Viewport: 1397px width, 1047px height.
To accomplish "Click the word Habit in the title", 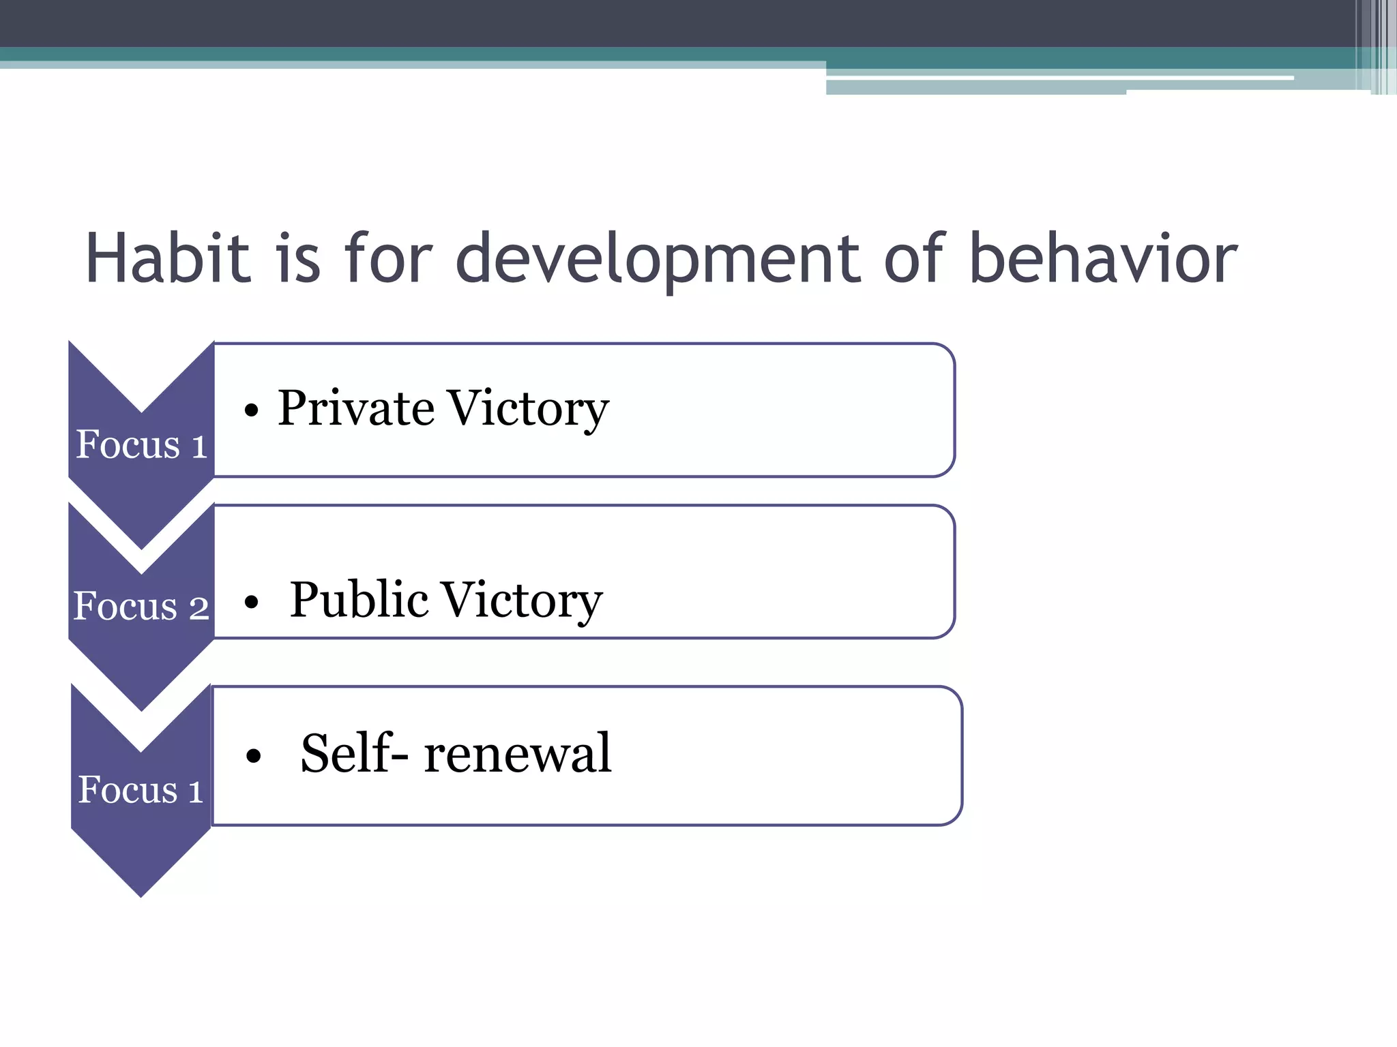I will [x=168, y=259].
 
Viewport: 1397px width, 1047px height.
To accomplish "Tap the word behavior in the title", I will [x=1102, y=259].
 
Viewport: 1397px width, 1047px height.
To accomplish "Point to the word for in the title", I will [x=387, y=259].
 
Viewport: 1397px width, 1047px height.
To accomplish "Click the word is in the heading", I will [x=297, y=259].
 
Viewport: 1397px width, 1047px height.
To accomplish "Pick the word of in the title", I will [x=915, y=259].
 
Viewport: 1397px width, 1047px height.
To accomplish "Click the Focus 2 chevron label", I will [x=141, y=606].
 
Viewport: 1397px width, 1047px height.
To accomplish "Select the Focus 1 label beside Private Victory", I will [x=141, y=444].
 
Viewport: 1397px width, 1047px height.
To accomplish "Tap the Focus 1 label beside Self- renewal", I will [x=141, y=789].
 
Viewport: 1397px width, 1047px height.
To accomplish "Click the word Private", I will [x=356, y=408].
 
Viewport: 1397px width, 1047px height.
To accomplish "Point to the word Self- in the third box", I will [x=355, y=753].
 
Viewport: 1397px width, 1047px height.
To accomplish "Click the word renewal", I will [x=518, y=753].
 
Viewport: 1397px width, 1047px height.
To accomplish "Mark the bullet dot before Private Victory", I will [x=252, y=410].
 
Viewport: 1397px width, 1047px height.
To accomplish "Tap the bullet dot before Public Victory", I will [x=252, y=602].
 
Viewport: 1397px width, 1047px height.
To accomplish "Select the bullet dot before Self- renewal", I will [x=254, y=755].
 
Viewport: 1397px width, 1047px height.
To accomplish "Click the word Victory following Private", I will [x=527, y=408].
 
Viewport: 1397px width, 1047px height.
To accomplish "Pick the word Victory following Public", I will [x=521, y=600].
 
